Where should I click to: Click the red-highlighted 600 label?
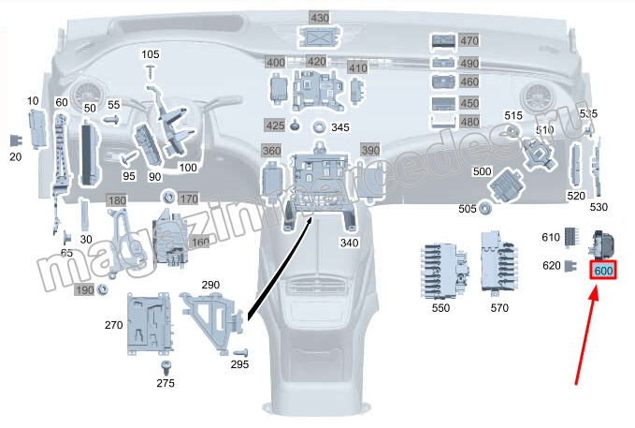(603, 271)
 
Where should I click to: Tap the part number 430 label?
(320, 18)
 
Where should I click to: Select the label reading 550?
(440, 307)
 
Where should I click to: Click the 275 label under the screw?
(166, 383)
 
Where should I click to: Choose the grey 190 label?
(85, 291)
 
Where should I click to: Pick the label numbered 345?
(339, 127)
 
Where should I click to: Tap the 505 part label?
(468, 209)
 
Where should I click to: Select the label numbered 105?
(151, 55)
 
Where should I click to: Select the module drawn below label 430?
(320, 37)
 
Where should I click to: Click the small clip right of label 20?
(15, 140)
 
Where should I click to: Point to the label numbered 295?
(239, 364)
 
